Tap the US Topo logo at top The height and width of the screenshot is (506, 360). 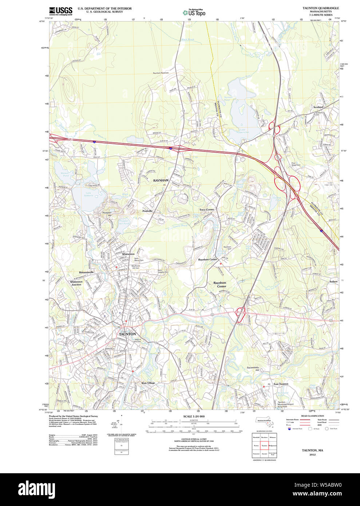194,12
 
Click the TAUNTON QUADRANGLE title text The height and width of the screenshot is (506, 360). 321,8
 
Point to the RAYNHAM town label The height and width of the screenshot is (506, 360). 161,181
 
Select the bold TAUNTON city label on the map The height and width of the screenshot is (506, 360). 127,334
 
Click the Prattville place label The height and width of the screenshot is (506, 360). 147,211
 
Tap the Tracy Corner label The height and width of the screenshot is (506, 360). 206,210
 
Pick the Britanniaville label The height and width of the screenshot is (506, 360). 87,272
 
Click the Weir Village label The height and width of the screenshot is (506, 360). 148,383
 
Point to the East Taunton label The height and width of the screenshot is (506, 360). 281,384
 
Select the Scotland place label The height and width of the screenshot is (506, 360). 318,107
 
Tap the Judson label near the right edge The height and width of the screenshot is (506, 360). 333,281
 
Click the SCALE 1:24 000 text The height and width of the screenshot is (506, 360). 194,416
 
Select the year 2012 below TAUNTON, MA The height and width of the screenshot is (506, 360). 312,455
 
